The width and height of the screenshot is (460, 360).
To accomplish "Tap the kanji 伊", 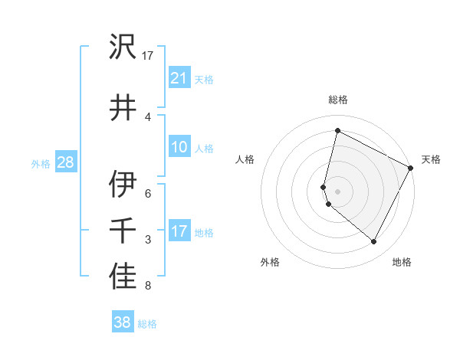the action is (x=123, y=185).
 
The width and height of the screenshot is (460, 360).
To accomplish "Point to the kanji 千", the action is (x=123, y=231).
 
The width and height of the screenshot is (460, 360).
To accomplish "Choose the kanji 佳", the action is (x=123, y=278).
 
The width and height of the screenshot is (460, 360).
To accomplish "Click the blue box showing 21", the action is (x=179, y=78).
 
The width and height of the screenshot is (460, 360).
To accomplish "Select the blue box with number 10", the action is (x=179, y=148).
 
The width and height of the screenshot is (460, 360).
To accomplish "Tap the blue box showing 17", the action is (x=179, y=231).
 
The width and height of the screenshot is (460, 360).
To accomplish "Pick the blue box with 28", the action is (x=65, y=162).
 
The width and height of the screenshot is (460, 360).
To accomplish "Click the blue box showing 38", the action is (x=122, y=322).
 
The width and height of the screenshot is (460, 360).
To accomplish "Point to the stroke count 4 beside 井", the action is (x=148, y=116).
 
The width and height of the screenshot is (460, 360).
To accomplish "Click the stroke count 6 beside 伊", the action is (x=148, y=193).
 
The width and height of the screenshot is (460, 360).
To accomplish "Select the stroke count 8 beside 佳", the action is (x=148, y=286).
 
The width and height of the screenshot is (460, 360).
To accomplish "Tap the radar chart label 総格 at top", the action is (x=337, y=100).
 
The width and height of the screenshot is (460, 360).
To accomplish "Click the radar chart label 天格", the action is (x=431, y=159).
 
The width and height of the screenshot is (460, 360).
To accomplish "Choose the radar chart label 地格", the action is (x=402, y=262).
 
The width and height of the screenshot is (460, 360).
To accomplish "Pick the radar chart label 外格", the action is (x=270, y=262).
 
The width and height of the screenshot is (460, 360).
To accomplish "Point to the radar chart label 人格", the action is (x=245, y=159).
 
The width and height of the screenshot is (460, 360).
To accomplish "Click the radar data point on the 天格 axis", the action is (x=411, y=168).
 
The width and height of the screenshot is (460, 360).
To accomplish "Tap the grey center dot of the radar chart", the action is (x=337, y=191).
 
